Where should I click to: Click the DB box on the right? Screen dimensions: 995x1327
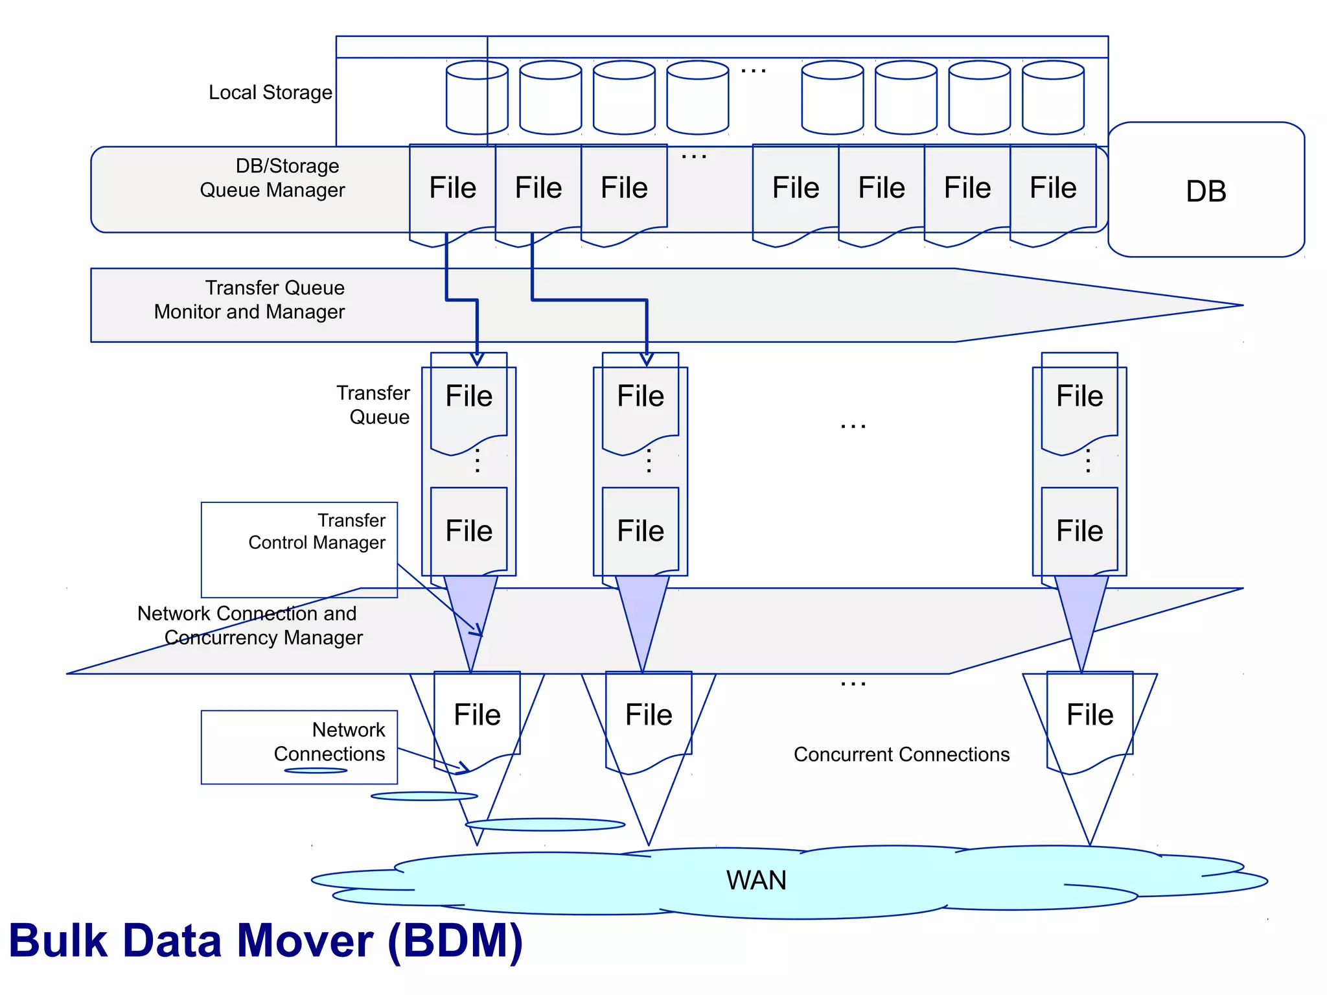(x=1205, y=191)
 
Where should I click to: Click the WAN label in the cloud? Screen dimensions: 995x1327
(x=756, y=880)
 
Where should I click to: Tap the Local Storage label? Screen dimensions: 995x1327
(x=270, y=93)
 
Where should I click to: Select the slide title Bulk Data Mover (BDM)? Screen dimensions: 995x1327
(x=266, y=941)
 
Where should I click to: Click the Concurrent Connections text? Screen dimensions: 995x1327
(x=901, y=755)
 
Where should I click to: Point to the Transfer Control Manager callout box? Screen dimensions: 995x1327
(x=299, y=549)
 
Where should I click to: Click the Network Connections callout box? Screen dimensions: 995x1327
(x=299, y=747)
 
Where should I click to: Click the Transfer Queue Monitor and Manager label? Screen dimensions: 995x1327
(x=250, y=299)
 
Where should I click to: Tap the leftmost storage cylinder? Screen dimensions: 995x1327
(x=477, y=98)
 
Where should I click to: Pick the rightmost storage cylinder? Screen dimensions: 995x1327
(x=1053, y=98)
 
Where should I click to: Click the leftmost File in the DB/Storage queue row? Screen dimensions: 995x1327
(x=452, y=189)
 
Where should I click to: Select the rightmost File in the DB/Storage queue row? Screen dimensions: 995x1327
(x=1053, y=189)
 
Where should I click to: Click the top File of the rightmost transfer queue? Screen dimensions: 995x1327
(x=1079, y=396)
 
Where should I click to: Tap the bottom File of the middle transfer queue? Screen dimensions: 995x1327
(x=640, y=531)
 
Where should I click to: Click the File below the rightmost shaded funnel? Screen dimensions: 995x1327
(x=1090, y=715)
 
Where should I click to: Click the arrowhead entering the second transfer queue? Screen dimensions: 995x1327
(x=646, y=358)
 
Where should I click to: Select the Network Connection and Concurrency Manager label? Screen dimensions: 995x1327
(x=249, y=626)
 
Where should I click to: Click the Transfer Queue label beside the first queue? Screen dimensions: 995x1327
(x=374, y=405)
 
